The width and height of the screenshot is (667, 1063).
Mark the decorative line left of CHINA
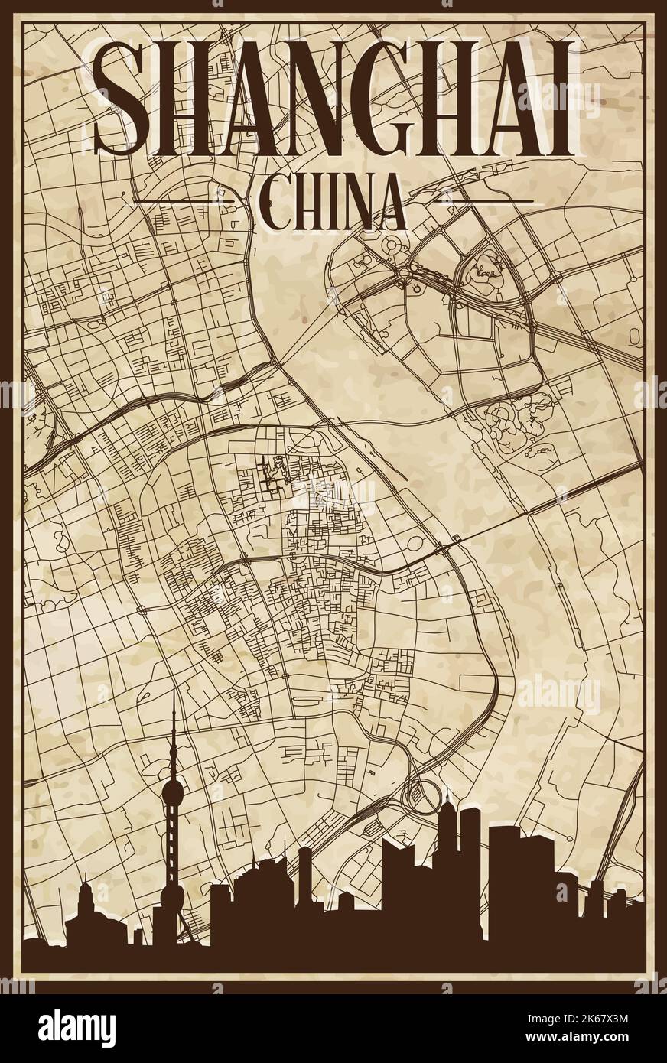(x=184, y=200)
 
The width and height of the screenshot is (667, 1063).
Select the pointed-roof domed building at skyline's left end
(x=84, y=918)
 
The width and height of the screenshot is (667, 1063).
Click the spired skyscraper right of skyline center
(x=445, y=887)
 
